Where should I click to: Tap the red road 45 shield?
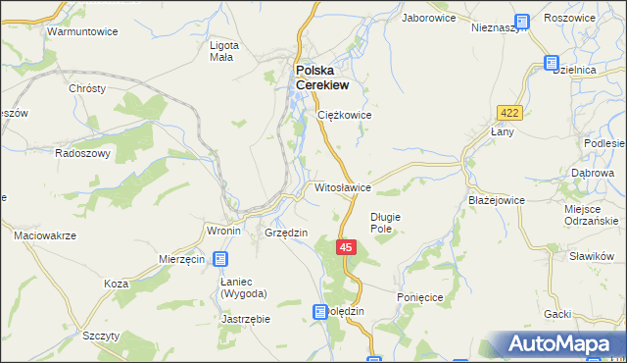347,248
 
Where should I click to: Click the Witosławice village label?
342,186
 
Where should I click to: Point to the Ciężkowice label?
345,115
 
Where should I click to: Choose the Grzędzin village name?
287,233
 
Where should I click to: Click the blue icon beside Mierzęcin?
221,259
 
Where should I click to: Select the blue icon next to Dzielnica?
551,64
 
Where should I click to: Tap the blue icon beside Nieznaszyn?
521,20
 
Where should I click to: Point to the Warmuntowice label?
75,31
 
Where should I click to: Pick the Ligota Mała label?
220,51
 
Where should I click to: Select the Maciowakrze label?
45,236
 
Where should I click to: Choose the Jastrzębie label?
246,319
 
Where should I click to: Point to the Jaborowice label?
431,18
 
